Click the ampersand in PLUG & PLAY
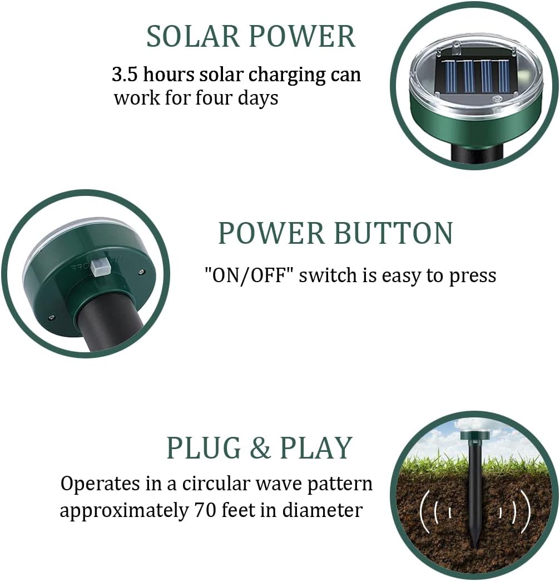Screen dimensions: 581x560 [260, 448]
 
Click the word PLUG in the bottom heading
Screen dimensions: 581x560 [204, 448]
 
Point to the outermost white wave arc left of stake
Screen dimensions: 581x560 [425, 511]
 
